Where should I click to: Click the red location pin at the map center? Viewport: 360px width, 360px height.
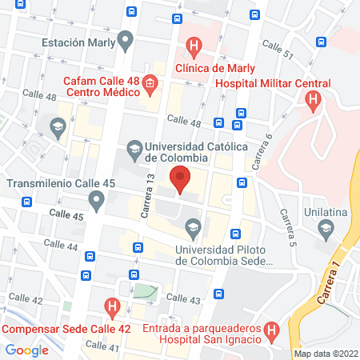click(x=180, y=180)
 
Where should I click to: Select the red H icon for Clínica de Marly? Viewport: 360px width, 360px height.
click(x=193, y=46)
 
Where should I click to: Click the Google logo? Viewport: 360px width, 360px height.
click(x=27, y=350)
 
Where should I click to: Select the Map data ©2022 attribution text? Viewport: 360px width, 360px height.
click(x=326, y=353)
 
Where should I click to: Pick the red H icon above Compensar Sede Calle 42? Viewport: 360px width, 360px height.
click(x=113, y=306)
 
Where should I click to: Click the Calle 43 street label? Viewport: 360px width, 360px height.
click(x=185, y=298)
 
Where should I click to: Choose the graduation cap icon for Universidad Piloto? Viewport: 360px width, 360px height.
click(x=192, y=230)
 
